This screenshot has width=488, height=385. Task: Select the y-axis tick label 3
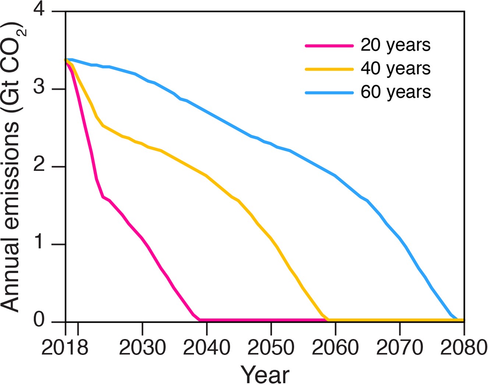coord(39,89)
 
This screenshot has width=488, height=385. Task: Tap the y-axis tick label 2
coord(39,166)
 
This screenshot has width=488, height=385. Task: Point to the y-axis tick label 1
coord(39,244)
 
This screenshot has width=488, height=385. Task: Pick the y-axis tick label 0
coord(39,321)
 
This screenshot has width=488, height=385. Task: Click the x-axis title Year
coord(265,374)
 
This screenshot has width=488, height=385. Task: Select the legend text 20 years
coord(395,45)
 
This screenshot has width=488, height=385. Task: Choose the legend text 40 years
coord(395,69)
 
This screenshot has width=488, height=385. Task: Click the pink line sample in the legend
coord(329,46)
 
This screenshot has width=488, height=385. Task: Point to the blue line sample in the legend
coord(329,93)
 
